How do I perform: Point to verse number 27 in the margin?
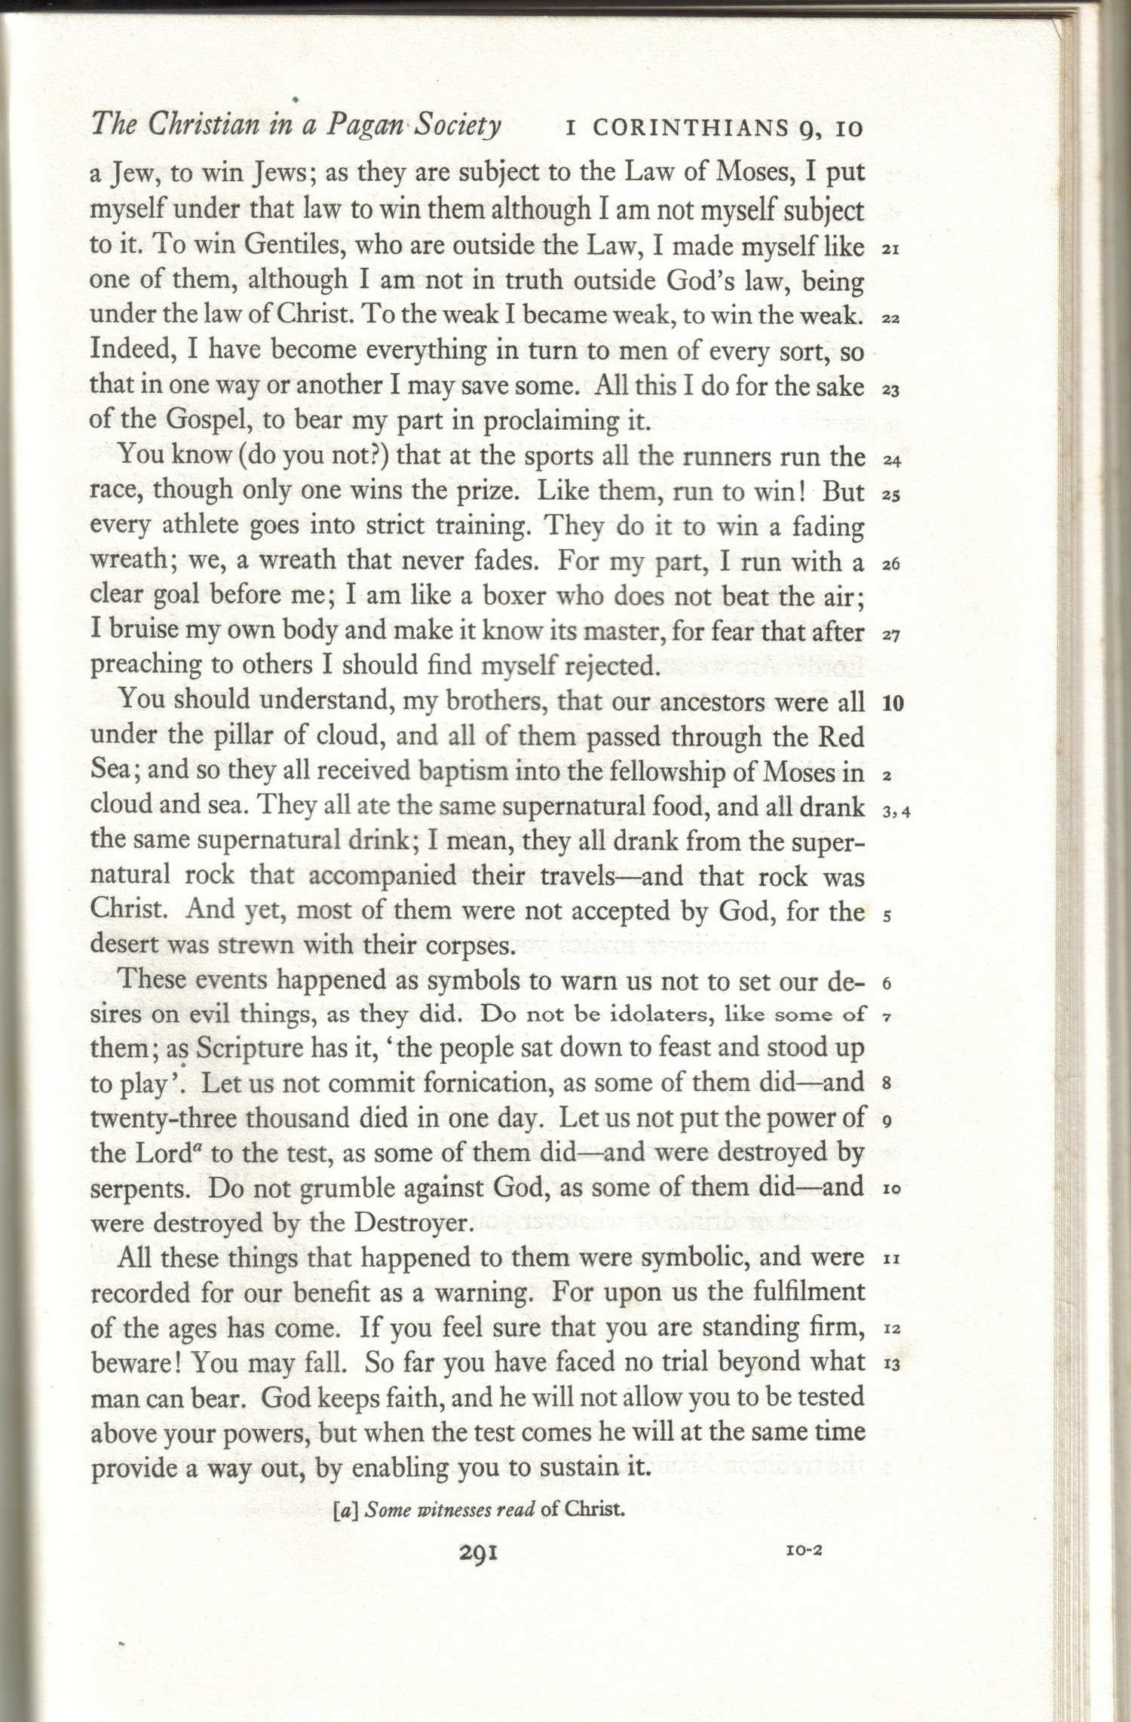coord(890,635)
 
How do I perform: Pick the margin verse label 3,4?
coord(896,812)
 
